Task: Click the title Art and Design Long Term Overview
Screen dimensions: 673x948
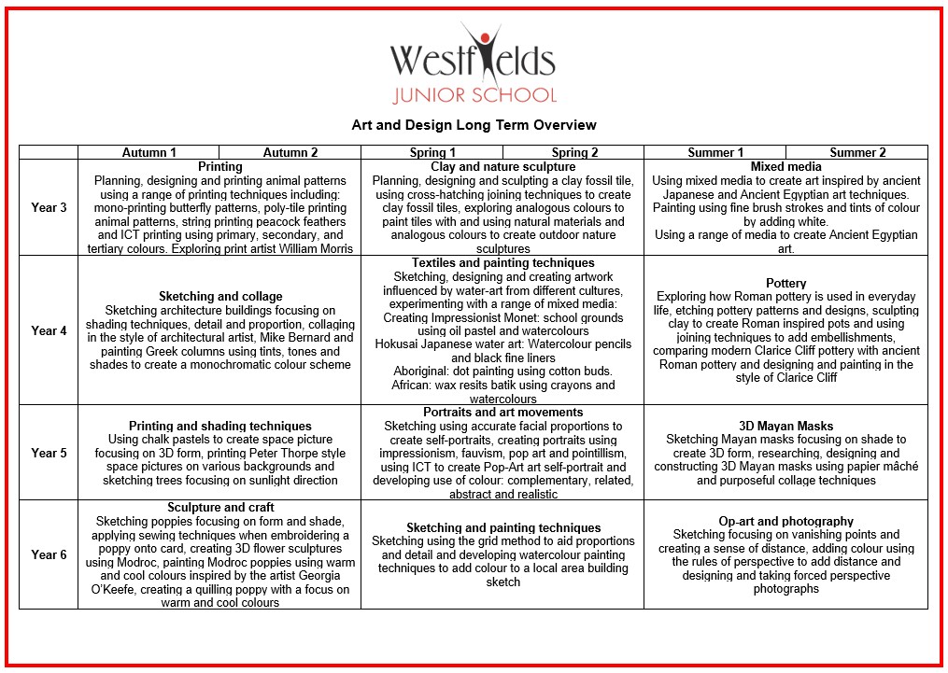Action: (474, 125)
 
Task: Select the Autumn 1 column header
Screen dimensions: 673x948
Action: (149, 152)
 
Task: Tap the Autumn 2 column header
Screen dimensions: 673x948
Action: (290, 152)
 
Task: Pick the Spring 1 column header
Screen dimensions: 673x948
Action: (432, 152)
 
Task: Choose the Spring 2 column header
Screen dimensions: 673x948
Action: (574, 152)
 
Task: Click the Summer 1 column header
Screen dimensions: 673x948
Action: (715, 152)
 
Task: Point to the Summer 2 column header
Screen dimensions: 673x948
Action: (857, 152)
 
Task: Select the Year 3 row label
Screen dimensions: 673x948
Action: (49, 207)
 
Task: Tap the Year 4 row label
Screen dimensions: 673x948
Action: (49, 330)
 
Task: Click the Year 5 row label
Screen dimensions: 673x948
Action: (49, 453)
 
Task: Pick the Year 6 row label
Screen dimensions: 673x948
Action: (49, 554)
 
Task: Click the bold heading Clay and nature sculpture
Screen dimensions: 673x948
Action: (502, 167)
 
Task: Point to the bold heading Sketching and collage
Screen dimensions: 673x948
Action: (219, 297)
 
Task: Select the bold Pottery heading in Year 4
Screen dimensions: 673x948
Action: (785, 283)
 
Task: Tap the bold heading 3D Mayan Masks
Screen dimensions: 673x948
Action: (785, 426)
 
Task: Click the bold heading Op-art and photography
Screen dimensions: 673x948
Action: (785, 522)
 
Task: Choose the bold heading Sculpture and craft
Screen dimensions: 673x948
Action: (219, 508)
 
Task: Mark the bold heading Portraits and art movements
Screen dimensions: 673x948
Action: (502, 412)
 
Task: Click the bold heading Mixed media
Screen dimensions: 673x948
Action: (785, 167)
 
